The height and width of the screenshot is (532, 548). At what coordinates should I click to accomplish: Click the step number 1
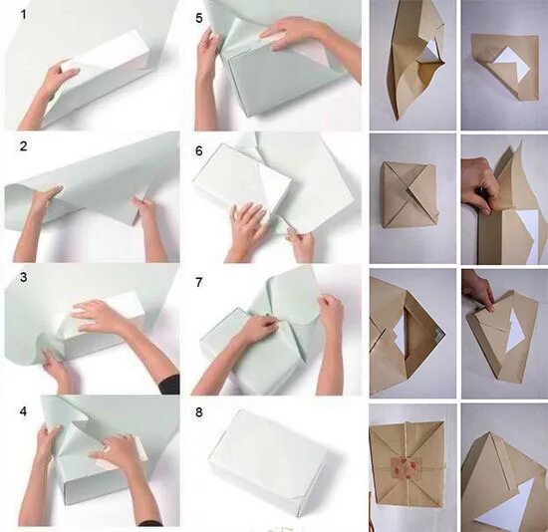coord(24,15)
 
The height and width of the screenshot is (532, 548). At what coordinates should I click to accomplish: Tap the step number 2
coord(24,146)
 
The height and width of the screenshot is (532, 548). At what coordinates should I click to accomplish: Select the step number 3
coord(24,277)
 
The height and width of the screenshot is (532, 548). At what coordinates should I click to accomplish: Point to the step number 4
coord(24,411)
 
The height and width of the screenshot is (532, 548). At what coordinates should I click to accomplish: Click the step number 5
coord(199,18)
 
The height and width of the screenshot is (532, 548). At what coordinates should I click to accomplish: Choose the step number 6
coord(199,151)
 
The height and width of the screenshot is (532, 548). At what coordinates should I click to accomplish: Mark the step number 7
coord(199,282)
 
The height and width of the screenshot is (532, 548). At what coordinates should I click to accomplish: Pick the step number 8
coord(199,412)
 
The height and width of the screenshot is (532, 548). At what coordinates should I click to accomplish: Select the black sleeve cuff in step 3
coord(168,385)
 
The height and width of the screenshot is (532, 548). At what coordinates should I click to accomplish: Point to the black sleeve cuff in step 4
coord(150,524)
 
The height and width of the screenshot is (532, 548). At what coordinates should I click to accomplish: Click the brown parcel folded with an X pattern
coord(409,195)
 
